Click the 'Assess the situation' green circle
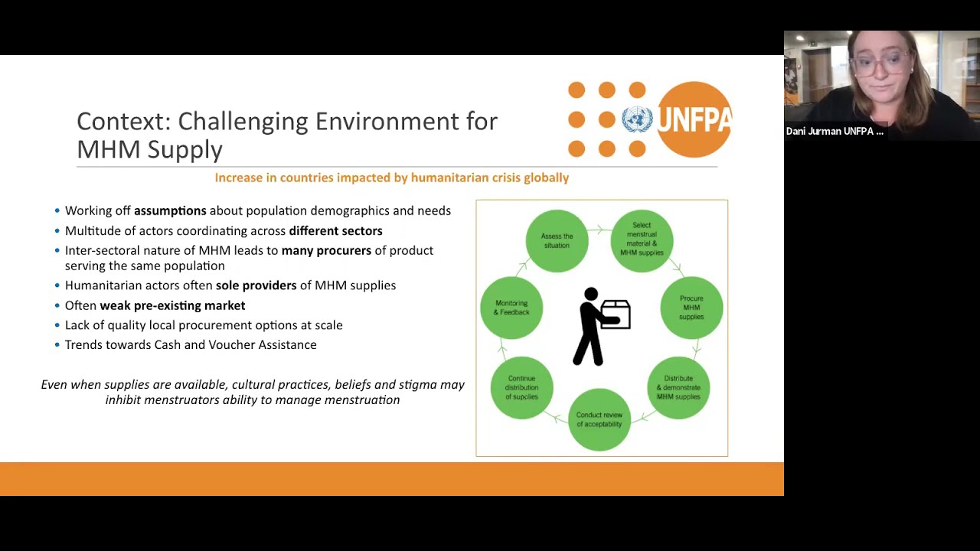[557, 240]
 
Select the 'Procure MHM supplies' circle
[691, 308]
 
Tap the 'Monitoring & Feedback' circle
[511, 308]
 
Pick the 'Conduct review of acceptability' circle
[599, 419]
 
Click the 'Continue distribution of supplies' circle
[521, 387]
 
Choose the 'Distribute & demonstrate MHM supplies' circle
[678, 387]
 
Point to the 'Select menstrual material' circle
[642, 240]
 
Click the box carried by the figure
[616, 314]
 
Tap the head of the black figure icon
[590, 294]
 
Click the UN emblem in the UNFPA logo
[637, 119]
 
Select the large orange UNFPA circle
[694, 119]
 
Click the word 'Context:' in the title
[124, 121]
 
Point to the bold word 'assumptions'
[170, 210]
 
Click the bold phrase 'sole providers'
[256, 285]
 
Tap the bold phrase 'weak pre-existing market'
[172, 305]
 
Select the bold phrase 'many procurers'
[326, 250]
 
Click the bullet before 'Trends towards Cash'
[57, 345]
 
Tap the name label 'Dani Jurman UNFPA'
[834, 132]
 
